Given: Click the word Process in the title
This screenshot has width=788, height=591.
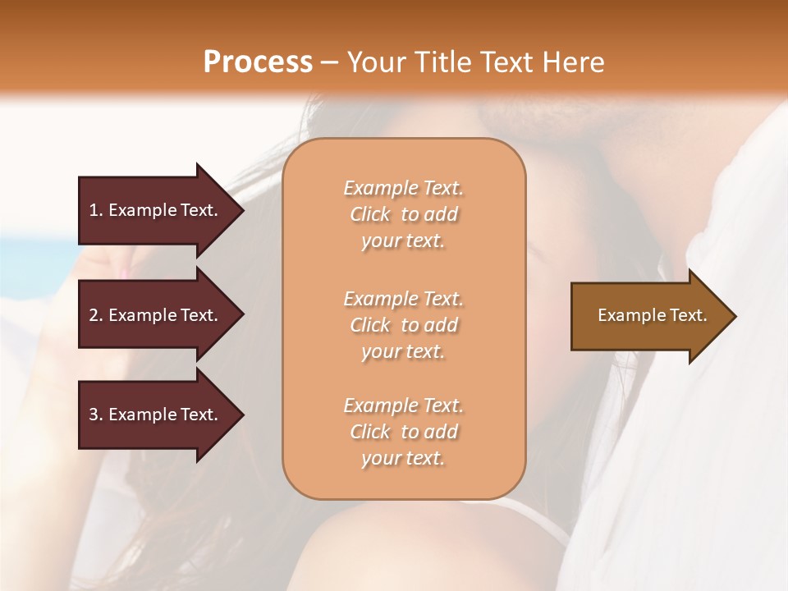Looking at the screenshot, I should [x=258, y=62].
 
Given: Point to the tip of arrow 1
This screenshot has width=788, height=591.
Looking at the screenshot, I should [x=241, y=210].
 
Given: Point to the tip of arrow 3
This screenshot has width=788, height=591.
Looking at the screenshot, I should [x=241, y=415].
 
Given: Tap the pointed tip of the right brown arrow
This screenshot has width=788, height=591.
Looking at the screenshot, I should [x=734, y=316].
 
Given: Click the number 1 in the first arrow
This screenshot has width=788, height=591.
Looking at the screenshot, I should [x=93, y=210].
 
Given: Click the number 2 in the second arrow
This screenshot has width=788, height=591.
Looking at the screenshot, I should [x=93, y=315].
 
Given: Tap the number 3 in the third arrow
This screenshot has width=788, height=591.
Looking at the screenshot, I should [x=93, y=415].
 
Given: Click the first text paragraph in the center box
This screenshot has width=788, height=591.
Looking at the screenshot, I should [x=403, y=214].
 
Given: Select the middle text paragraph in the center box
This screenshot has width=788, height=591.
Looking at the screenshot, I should [x=403, y=325].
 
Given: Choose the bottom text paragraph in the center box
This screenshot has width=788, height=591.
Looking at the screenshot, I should [x=403, y=432].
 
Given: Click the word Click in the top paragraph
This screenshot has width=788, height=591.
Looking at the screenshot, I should [x=370, y=214].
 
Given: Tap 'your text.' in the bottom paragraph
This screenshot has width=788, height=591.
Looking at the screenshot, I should [x=403, y=459].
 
